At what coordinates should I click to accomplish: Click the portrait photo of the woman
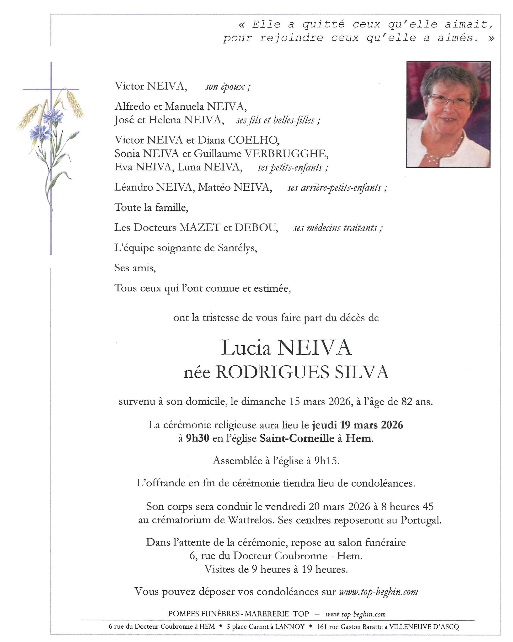(448, 114)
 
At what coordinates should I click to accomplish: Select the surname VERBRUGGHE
(286, 154)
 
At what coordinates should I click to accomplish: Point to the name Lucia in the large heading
(246, 348)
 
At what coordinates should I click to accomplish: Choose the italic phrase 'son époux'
(228, 87)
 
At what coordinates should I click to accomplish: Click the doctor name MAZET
(200, 228)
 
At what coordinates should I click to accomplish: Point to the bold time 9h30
(198, 438)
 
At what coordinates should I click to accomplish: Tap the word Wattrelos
(251, 520)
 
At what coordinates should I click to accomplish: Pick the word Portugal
(420, 520)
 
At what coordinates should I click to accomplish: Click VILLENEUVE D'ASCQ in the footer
(424, 626)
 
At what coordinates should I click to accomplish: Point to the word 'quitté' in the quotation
(323, 24)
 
